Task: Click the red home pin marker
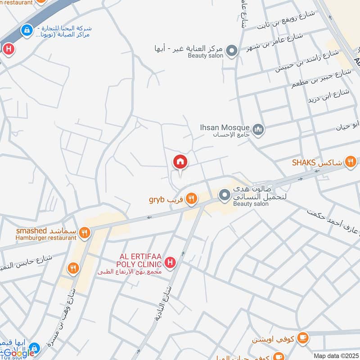point(180,161)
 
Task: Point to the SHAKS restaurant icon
point(351,162)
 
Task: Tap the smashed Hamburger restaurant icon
point(84,233)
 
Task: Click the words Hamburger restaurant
point(46,238)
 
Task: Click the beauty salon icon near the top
point(232,50)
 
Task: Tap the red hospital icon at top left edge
point(8,49)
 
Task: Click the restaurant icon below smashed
point(73,269)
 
